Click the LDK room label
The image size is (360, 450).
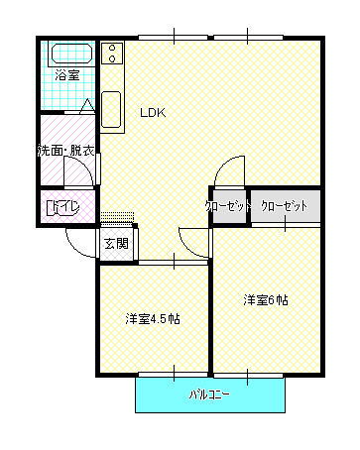point(152,112)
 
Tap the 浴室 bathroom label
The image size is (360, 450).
point(65,75)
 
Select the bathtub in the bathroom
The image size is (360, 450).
point(70,55)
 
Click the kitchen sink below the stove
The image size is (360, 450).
point(111,107)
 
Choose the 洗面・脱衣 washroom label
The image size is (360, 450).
point(66,152)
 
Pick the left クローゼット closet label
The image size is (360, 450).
point(227,206)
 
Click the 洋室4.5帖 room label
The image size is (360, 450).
point(153,319)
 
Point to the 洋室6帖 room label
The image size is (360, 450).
point(266,299)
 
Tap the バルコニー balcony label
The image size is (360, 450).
point(209,395)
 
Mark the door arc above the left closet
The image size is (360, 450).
point(232,170)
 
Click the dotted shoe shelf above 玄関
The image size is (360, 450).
point(116,216)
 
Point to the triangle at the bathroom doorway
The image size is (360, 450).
point(87,106)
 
